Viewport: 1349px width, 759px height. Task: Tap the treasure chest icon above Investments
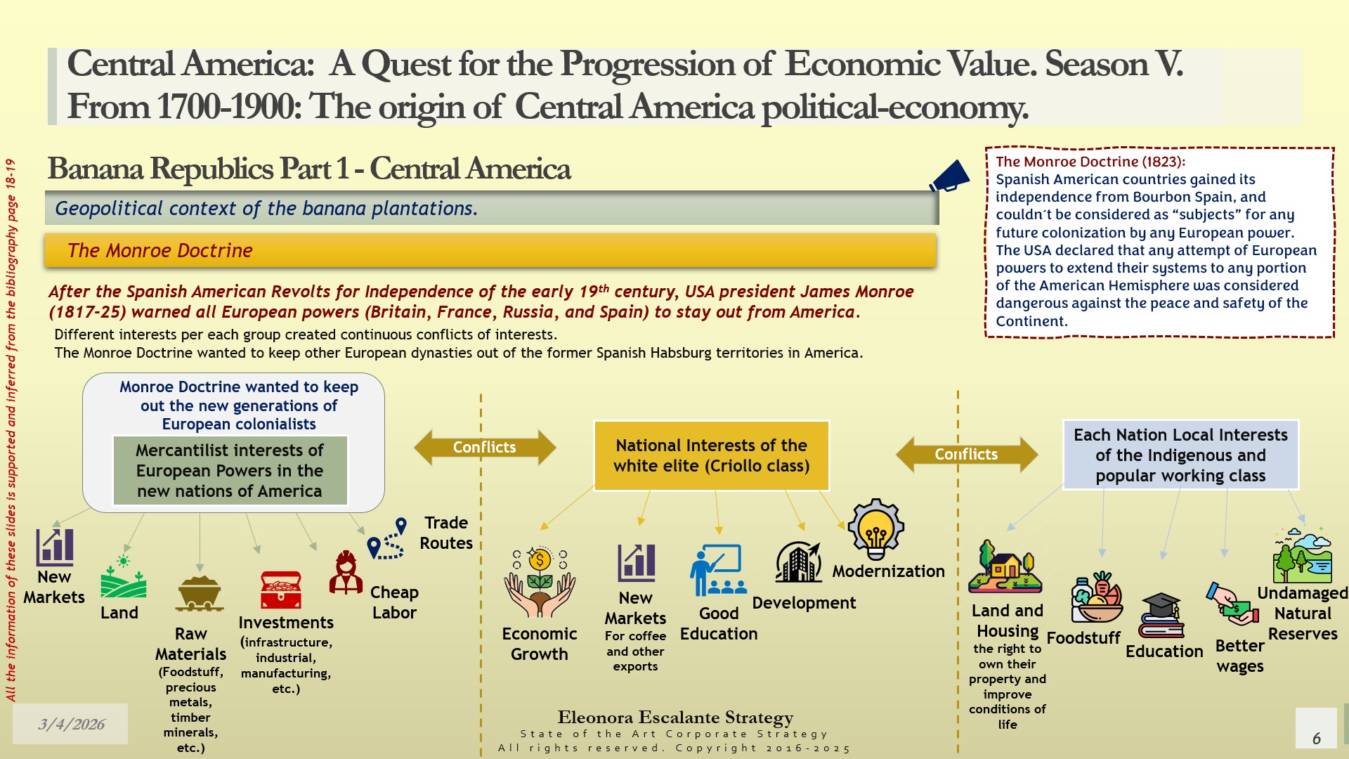click(281, 590)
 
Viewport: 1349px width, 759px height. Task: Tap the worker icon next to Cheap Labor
click(346, 573)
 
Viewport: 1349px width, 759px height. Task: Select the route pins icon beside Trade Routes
click(387, 538)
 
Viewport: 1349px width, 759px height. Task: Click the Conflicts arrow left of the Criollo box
click(485, 447)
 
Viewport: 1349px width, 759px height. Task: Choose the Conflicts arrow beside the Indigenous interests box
click(967, 454)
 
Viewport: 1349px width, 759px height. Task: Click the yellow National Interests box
click(712, 455)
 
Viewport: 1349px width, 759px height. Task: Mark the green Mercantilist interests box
click(230, 471)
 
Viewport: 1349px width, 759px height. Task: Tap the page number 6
click(1317, 738)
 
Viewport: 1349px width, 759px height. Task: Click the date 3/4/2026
click(71, 724)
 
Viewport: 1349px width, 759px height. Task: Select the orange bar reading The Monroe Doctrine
click(490, 251)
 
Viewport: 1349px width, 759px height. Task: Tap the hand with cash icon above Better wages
click(1232, 604)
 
